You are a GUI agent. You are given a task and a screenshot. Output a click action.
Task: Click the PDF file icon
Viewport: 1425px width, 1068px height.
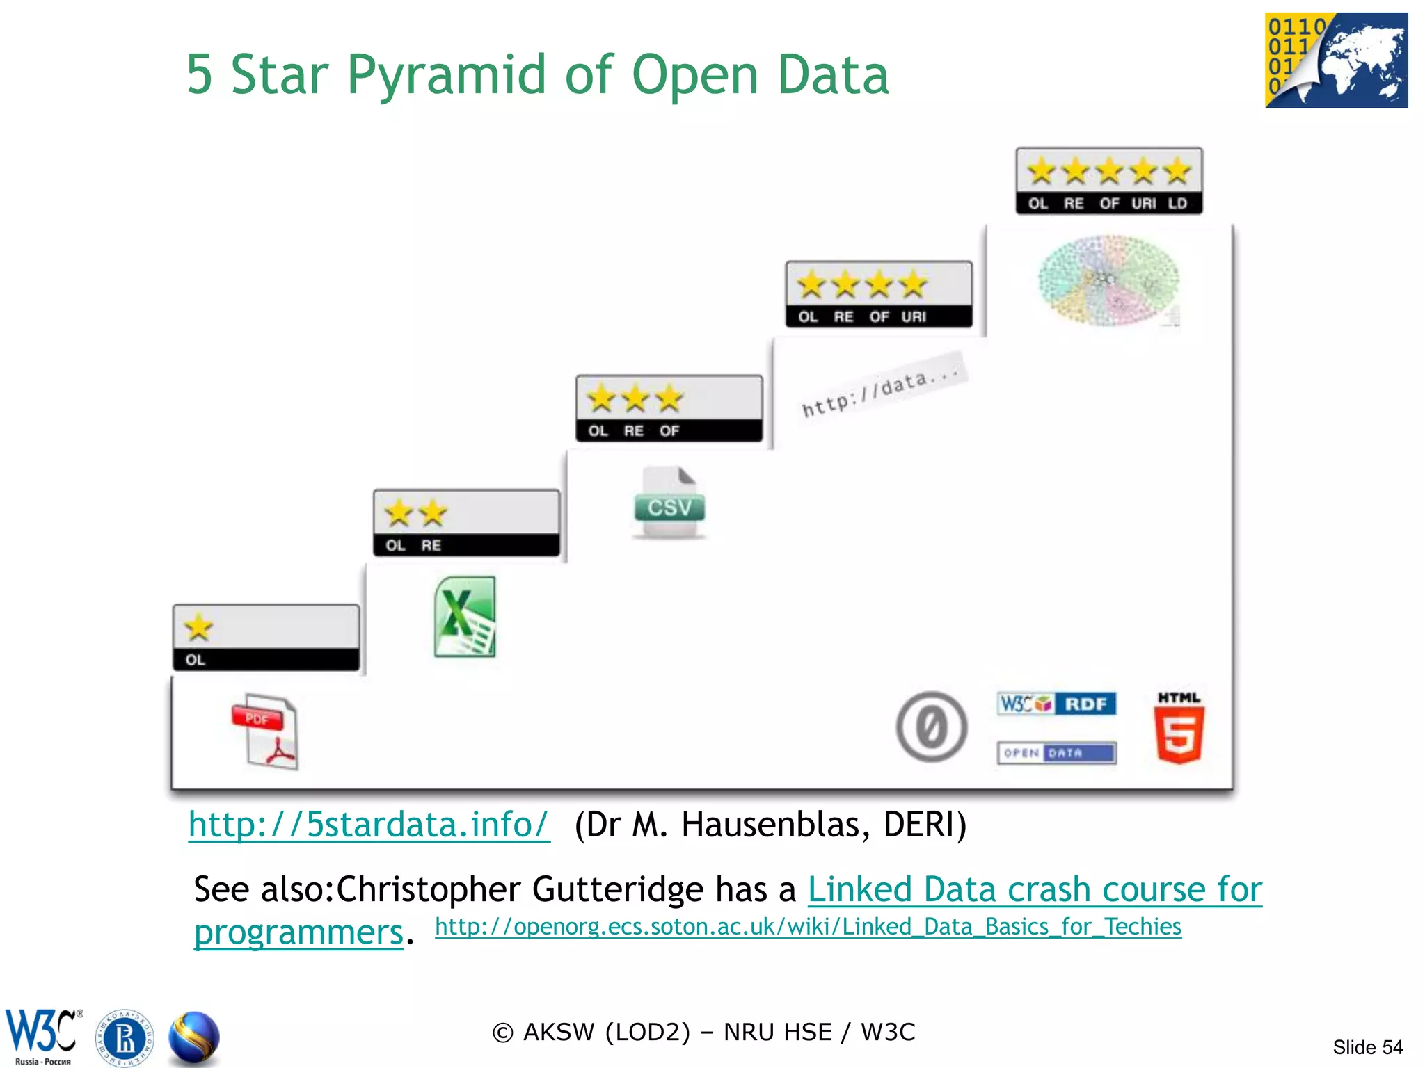tap(265, 731)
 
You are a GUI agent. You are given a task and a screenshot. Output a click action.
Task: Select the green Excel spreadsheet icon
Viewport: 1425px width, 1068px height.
tap(464, 617)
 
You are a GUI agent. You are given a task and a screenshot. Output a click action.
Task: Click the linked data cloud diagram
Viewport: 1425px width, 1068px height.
tap(1108, 281)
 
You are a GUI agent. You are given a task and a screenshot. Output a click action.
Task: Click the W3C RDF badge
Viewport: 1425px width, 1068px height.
tap(1056, 704)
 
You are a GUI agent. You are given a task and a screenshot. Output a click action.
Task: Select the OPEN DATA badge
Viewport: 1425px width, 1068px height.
tap(1056, 752)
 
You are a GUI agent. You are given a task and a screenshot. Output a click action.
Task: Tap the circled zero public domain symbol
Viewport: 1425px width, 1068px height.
tap(931, 727)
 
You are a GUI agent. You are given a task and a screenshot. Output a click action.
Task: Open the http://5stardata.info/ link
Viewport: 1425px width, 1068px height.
tap(369, 825)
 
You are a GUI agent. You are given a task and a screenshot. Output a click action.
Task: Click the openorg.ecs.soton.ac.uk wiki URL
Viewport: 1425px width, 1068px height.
tap(808, 927)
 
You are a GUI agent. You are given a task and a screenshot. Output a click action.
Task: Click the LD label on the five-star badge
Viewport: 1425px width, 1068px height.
tap(1177, 204)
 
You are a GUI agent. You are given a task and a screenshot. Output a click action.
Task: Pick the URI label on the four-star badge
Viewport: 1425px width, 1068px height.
tap(914, 317)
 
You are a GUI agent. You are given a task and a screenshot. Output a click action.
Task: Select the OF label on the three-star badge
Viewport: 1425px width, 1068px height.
tap(669, 431)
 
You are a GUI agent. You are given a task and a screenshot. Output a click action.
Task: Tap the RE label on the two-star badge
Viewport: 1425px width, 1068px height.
tap(431, 546)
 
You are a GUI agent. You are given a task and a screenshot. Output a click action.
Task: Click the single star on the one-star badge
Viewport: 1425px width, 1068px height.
tap(199, 627)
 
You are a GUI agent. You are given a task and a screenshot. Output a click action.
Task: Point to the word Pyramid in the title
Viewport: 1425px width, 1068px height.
tap(446, 74)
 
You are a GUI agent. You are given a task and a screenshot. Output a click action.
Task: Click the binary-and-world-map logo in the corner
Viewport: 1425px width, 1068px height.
tap(1336, 60)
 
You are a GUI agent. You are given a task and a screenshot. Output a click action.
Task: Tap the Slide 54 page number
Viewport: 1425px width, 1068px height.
tap(1367, 1047)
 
